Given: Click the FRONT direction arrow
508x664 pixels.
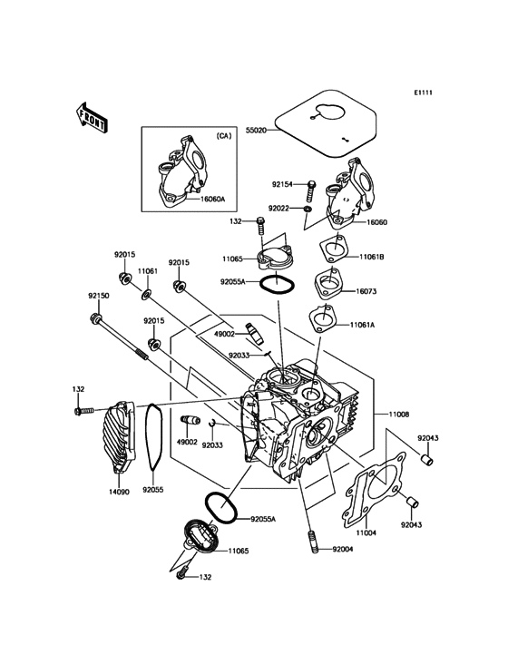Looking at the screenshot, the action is tap(92, 116).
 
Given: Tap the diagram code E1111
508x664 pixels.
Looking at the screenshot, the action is tap(423, 93).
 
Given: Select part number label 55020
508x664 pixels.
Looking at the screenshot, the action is tap(256, 131).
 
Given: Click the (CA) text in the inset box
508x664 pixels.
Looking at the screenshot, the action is tap(224, 136).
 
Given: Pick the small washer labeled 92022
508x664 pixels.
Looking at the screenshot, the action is tap(307, 209).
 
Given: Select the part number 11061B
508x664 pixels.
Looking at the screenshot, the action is tap(372, 257).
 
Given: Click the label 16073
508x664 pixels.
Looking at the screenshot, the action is tap(366, 291).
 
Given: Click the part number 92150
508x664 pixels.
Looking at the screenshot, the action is tap(99, 296).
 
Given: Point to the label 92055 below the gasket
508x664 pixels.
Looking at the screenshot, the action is tap(152, 490).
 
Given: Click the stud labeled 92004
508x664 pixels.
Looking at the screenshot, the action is tap(314, 541).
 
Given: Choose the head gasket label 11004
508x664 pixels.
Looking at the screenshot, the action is tap(366, 532).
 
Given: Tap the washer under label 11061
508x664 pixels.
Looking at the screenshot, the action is tap(147, 293).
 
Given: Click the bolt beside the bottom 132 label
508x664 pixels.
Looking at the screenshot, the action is tap(182, 573).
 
